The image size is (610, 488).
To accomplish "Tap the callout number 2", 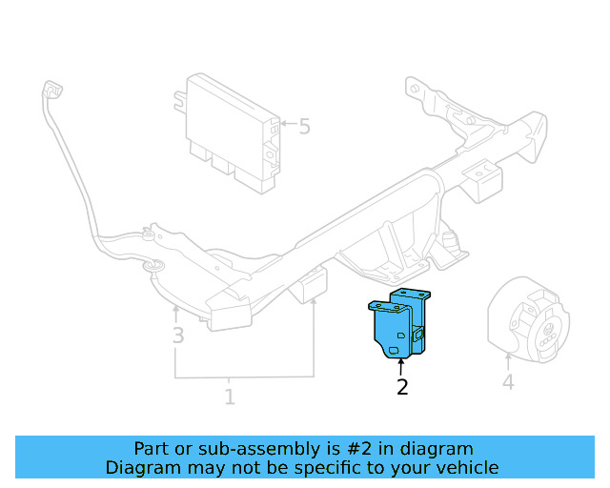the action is point(402,387).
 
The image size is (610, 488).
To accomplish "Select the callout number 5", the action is point(304,126).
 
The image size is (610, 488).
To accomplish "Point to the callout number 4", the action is point(508,383).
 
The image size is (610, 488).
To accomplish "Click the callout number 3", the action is point(177,335).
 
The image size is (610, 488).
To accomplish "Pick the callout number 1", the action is point(229,396).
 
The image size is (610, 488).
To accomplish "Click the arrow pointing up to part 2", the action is point(401,366).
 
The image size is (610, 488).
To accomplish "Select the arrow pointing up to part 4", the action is point(508,361).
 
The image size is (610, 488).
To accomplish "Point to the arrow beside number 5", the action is point(284,124).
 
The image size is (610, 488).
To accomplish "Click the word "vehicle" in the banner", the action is point(466,467).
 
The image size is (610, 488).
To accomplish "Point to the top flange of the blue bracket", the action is point(411,292).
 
